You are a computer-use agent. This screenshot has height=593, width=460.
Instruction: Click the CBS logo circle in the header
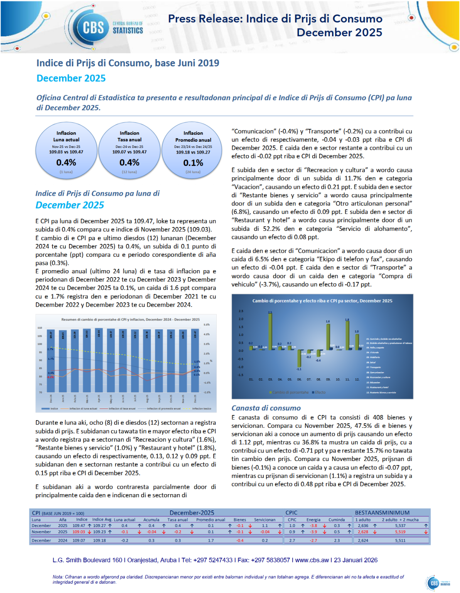[x=93, y=27]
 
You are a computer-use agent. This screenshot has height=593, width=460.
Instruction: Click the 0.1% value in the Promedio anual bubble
[x=193, y=163]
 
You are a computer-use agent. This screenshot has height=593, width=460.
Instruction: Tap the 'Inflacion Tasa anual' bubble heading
[x=130, y=136]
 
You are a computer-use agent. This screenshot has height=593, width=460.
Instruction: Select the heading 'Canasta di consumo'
[x=266, y=408]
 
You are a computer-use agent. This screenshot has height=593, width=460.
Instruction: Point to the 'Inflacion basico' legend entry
[x=201, y=408]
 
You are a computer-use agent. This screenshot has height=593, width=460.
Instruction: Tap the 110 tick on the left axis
[x=40, y=328]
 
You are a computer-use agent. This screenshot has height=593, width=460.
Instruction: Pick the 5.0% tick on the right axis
[x=207, y=325]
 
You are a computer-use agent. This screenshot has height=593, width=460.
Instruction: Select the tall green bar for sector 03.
[x=270, y=331]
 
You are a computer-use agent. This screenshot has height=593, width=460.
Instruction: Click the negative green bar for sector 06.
[x=299, y=359]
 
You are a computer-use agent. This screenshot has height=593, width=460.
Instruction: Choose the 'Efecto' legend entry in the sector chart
[x=320, y=392]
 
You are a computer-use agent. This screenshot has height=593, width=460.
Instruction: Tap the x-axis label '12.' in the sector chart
[x=357, y=380]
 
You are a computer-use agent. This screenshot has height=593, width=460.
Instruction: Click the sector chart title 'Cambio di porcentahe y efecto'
[x=322, y=301]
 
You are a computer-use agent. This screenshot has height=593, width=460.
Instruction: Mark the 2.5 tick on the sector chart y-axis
[x=241, y=311]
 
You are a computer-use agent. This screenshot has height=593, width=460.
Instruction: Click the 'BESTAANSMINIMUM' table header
[x=382, y=513]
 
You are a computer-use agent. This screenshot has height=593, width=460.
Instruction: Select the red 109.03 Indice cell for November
[x=79, y=532]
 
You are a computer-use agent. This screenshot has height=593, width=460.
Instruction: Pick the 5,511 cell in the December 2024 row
[x=400, y=540]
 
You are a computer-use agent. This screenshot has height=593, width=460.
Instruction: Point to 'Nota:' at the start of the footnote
[x=58, y=577]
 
